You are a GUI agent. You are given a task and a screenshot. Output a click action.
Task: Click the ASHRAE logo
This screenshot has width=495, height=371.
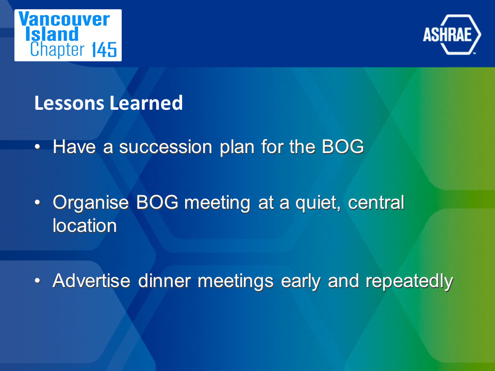[452, 35]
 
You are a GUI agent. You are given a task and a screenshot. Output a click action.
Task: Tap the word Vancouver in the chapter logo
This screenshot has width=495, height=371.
[64, 19]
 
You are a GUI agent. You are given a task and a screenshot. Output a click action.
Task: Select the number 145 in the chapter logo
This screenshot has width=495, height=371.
[105, 50]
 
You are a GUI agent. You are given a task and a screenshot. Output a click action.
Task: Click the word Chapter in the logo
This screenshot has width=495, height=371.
[57, 50]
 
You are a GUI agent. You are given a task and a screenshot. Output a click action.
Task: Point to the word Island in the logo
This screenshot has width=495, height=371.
[52, 34]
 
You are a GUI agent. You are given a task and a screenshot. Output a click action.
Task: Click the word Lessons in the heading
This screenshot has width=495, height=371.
[69, 103]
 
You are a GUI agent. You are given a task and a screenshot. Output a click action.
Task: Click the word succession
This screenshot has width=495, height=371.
[166, 147]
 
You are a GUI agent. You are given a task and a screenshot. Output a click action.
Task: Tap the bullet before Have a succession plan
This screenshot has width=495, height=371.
[38, 147]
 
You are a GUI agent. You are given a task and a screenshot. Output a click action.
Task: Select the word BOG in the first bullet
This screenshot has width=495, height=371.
[343, 147]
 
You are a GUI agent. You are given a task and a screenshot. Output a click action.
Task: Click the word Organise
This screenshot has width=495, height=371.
[91, 203]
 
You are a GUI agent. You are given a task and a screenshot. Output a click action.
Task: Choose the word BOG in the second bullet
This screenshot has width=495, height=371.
[157, 202]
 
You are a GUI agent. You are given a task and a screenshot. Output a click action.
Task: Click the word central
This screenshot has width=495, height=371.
[376, 203]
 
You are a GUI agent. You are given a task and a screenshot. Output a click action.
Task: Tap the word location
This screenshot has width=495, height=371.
[85, 226]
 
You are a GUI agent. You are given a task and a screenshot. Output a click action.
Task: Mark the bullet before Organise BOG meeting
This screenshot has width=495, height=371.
[38, 203]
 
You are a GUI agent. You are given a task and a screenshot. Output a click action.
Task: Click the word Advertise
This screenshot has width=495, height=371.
[92, 281]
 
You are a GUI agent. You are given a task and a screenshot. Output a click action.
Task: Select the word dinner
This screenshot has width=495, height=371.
[164, 281]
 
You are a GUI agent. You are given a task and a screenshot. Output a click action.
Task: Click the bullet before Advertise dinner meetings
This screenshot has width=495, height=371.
[38, 281]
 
